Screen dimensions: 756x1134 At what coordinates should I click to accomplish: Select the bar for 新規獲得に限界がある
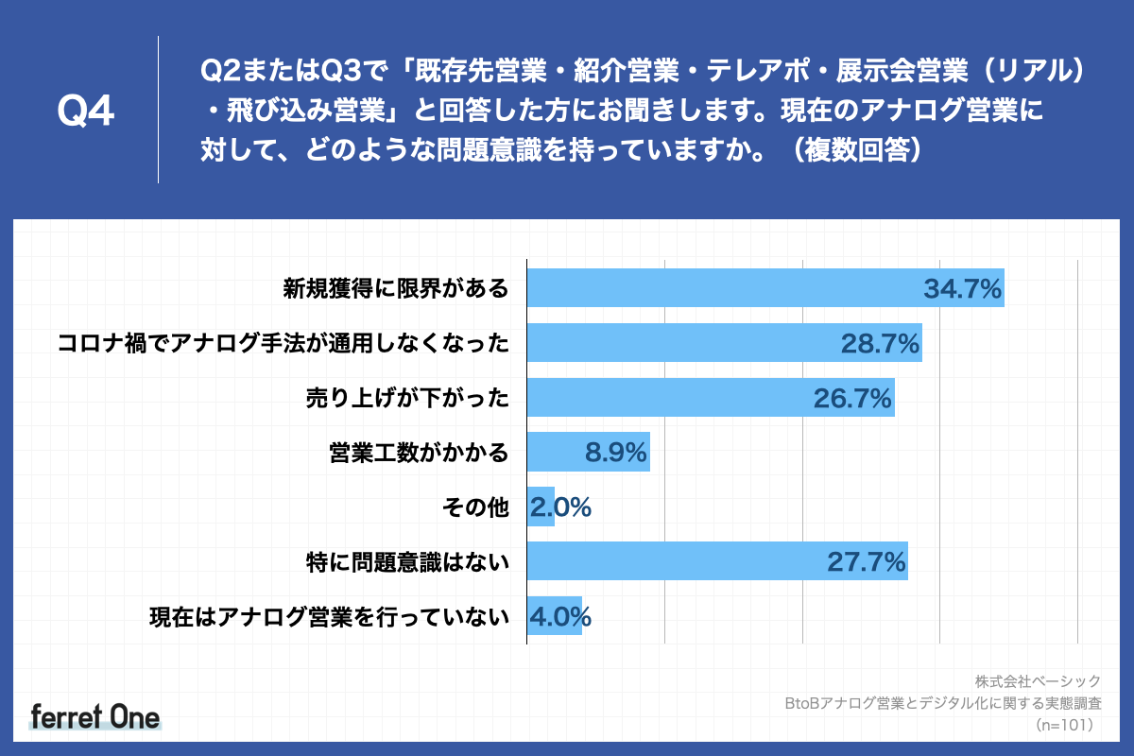[718, 288]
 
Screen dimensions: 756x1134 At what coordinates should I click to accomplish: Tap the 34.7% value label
[962, 289]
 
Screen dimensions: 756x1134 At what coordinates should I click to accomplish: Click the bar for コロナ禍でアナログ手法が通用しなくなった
[680, 343]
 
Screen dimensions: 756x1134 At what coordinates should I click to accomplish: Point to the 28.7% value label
[881, 344]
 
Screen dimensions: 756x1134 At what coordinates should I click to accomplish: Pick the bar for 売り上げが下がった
[661, 398]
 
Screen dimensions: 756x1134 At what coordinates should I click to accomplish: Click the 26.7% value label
[853, 399]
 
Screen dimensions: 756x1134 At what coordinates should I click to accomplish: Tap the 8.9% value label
[616, 454]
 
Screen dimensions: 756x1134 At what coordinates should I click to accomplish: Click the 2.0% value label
[560, 508]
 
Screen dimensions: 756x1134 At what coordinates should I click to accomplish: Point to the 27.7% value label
[867, 563]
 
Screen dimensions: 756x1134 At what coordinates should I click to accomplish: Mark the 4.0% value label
[560, 618]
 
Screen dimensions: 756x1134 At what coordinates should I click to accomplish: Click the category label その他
[475, 508]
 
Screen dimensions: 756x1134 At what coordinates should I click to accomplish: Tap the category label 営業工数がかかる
[419, 454]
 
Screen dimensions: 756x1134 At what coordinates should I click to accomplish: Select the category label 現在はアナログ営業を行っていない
[329, 618]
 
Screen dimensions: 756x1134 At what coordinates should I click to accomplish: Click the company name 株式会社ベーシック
[1038, 680]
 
